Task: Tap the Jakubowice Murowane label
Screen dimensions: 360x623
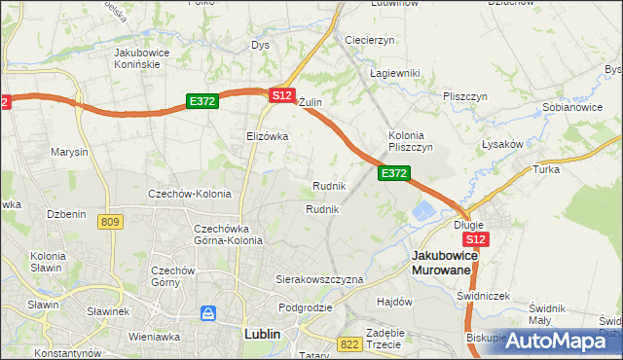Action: click(441, 262)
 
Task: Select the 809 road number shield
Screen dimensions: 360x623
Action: click(110, 223)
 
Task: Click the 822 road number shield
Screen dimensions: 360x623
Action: click(350, 344)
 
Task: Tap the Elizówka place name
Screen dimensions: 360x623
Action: click(268, 137)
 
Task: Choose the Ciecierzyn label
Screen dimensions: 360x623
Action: click(369, 40)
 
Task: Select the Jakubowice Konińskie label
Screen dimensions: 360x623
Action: click(143, 57)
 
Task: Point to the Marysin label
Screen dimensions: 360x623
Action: click(69, 153)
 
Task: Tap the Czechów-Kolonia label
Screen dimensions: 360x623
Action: click(189, 194)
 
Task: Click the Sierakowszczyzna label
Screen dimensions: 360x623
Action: click(319, 279)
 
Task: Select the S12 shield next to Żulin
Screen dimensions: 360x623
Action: click(281, 95)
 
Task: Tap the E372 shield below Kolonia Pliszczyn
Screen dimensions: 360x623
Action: click(393, 173)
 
